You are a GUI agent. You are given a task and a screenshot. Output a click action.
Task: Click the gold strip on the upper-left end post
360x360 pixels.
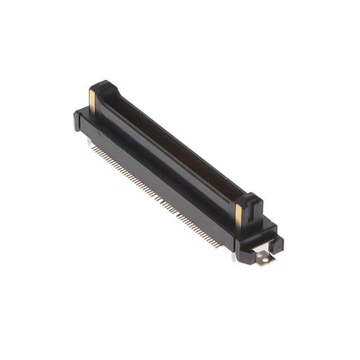92,101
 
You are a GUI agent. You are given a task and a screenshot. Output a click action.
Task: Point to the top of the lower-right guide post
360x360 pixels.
250,199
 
